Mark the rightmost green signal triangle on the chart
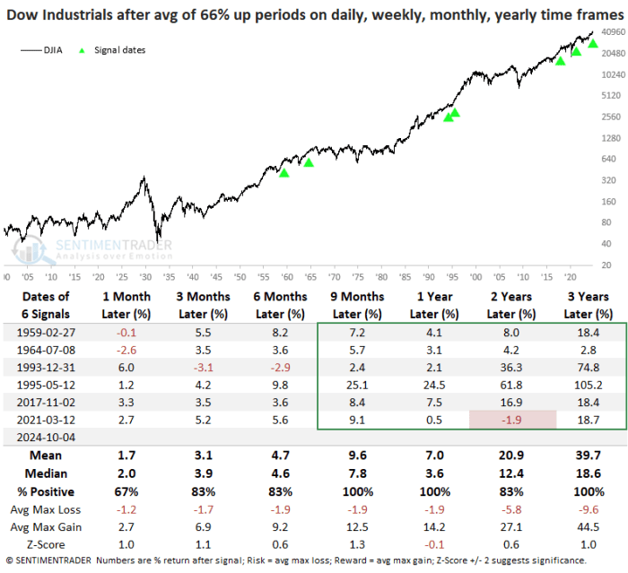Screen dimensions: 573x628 click(x=593, y=44)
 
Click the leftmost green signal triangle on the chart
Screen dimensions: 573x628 click(x=284, y=172)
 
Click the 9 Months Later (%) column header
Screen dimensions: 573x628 click(x=356, y=305)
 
